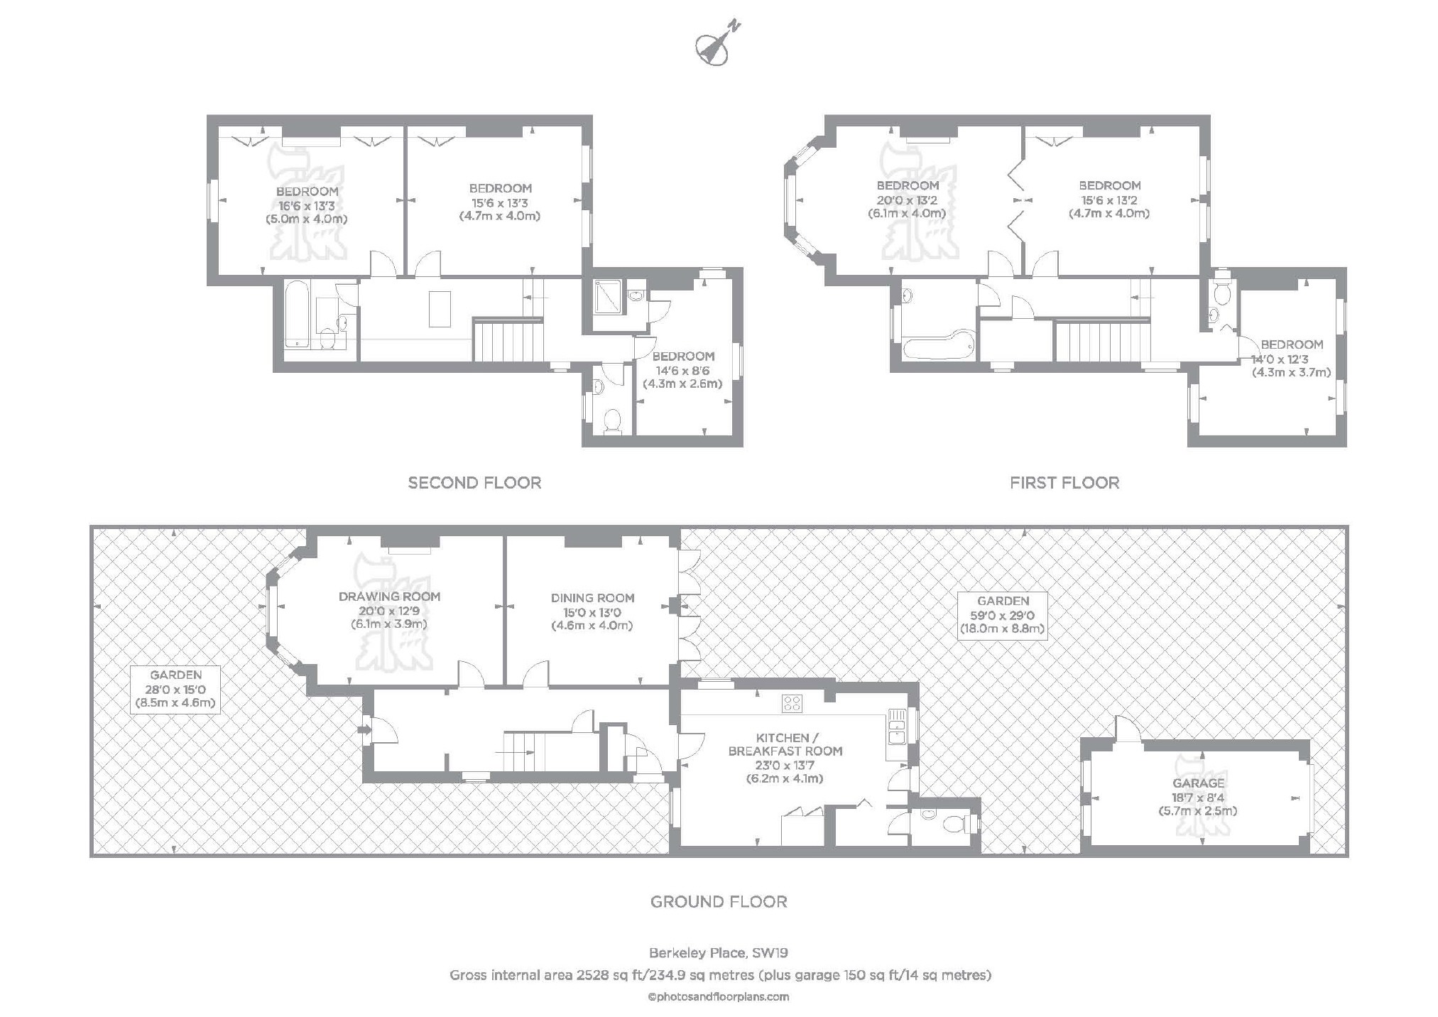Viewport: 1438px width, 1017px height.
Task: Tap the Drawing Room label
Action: tap(389, 597)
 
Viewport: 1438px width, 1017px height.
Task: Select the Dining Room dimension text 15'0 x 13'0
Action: tap(592, 612)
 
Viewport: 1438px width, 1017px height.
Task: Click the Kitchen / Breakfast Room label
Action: tap(785, 744)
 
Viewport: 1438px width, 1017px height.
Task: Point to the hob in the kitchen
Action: tap(792, 704)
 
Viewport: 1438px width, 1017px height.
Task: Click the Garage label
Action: tap(1198, 783)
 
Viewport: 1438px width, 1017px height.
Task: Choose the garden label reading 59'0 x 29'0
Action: tap(1002, 615)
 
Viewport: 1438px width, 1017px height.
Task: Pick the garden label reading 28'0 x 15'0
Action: tap(175, 689)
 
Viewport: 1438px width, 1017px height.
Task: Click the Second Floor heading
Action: tap(474, 483)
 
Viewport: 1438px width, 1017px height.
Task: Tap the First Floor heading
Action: tap(1064, 483)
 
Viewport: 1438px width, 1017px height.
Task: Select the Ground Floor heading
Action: tap(719, 902)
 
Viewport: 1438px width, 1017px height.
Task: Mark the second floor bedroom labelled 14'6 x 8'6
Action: tap(682, 370)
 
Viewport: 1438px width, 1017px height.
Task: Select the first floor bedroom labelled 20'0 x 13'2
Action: tap(907, 200)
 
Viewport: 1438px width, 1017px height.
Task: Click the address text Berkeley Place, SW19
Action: tap(719, 952)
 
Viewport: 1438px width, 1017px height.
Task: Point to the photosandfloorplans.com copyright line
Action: tap(719, 996)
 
